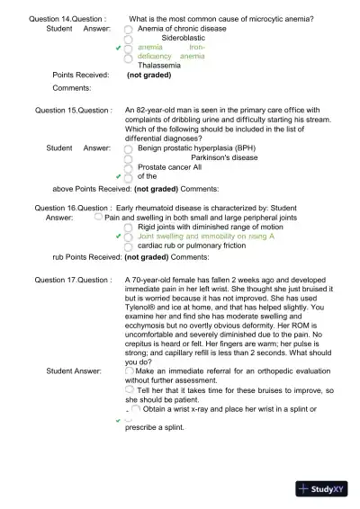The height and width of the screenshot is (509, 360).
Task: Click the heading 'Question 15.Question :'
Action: click(74, 111)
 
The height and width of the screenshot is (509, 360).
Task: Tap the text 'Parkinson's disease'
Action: click(224, 157)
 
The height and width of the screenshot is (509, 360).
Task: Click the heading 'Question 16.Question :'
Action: click(73, 208)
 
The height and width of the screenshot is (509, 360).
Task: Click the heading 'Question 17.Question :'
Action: click(73, 281)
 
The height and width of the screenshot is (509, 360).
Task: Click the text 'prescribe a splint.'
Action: click(161, 428)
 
